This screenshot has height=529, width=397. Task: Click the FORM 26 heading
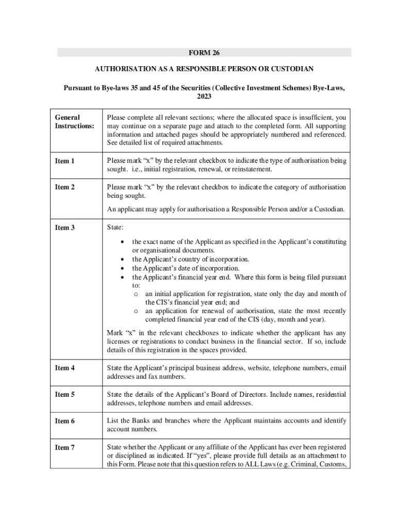pos(204,53)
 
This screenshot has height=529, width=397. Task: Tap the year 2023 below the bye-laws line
pos(204,96)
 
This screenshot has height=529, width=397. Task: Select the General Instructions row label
pos(73,121)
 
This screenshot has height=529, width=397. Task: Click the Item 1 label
pos(65,161)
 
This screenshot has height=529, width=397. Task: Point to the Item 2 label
pos(65,188)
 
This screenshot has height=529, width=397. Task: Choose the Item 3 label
pos(65,227)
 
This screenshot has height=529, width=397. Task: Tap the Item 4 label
pos(65,368)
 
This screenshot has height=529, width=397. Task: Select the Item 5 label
pos(65,395)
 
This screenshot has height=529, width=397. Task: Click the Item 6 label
pos(65,421)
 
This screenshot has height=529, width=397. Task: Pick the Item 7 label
pos(65,447)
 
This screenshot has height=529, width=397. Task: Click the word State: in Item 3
pos(115,227)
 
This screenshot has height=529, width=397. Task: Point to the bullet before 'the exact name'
pos(122,242)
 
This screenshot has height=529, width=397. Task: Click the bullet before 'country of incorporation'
pos(122,259)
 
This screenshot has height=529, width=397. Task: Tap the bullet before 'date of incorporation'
pos(122,268)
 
